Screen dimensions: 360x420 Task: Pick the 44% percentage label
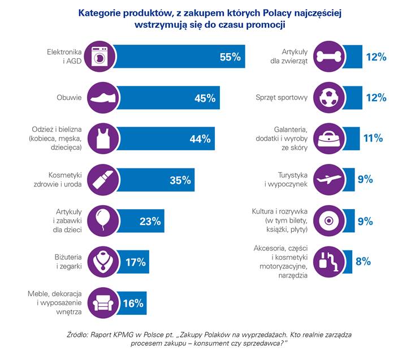point(200,139)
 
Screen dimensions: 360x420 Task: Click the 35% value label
point(180,180)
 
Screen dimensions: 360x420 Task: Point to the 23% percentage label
point(150,221)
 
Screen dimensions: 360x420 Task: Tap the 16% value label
point(133,303)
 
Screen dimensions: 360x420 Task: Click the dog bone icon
point(327,57)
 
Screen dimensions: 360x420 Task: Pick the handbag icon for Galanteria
point(327,138)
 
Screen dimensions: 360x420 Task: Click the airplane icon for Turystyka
point(327,179)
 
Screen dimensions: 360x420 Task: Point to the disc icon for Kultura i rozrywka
point(327,220)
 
